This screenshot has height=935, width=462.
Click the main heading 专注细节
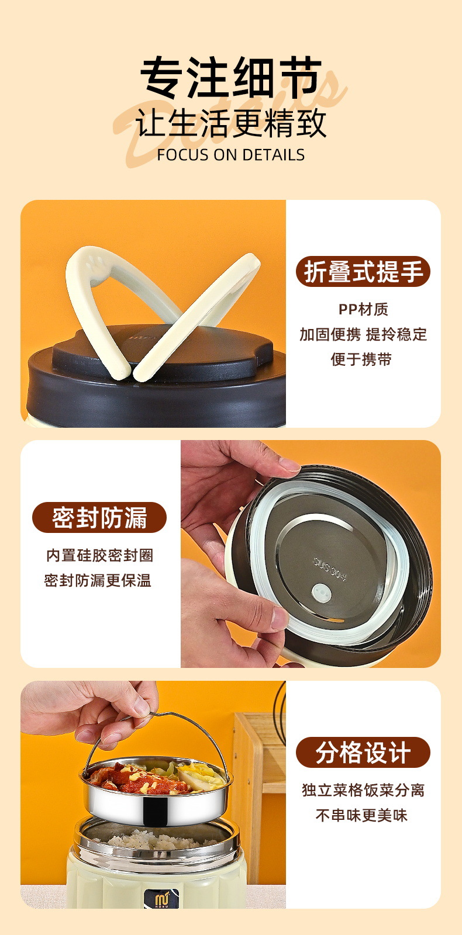click(x=231, y=78)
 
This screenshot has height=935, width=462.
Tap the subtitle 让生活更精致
click(x=231, y=123)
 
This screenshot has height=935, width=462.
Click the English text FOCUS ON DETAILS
click(x=231, y=155)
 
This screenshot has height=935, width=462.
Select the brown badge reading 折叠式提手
click(x=363, y=271)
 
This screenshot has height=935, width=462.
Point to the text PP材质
click(x=363, y=309)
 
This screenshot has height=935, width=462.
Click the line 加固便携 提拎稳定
click(x=363, y=334)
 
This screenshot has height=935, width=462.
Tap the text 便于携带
click(x=361, y=359)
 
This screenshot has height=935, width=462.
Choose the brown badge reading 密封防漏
click(x=99, y=518)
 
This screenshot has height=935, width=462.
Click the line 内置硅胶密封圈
click(x=99, y=556)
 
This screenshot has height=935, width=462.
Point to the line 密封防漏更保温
click(x=97, y=581)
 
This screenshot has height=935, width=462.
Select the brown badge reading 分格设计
click(x=363, y=753)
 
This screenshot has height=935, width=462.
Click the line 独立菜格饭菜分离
click(x=363, y=791)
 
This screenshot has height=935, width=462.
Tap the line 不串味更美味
click(x=361, y=816)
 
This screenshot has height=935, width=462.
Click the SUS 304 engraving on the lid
click(x=330, y=568)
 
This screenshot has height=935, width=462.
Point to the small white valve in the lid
click(x=321, y=593)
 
